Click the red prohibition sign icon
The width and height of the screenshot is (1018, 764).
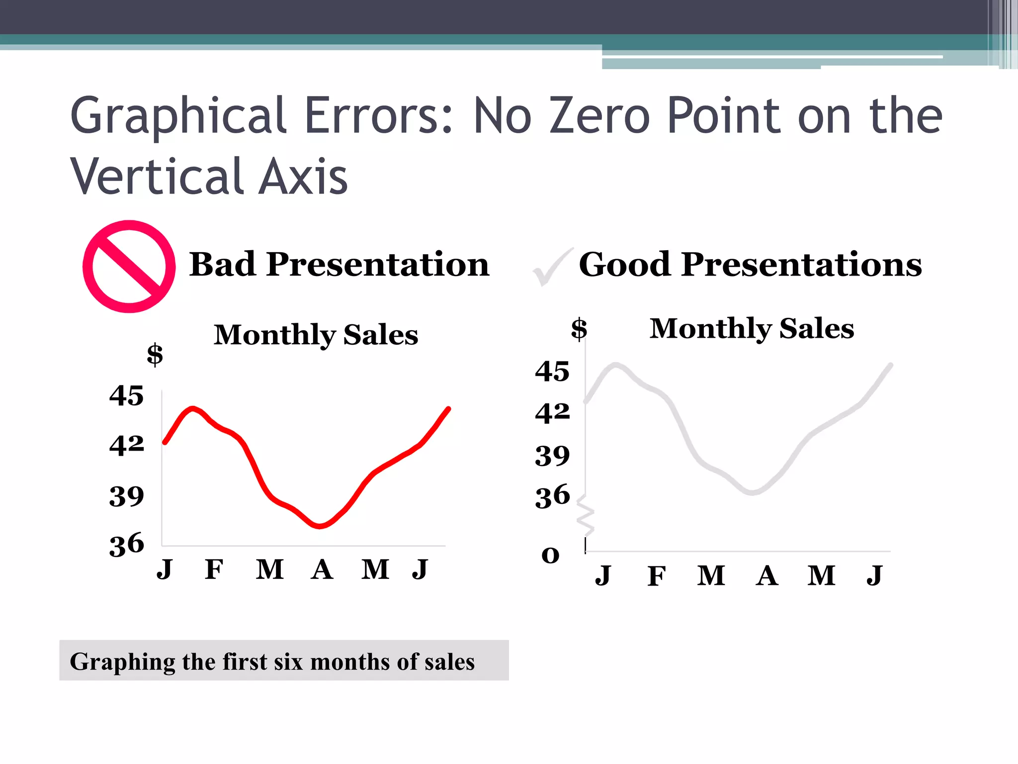(x=129, y=267)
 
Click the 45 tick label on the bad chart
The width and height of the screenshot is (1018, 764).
(x=126, y=396)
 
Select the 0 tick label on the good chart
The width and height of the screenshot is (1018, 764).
(x=550, y=555)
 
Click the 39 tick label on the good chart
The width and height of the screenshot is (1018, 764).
(x=552, y=456)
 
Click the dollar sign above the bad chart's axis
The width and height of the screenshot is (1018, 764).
(x=155, y=355)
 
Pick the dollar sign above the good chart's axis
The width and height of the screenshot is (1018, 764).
(x=579, y=329)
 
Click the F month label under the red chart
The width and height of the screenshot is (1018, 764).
(x=214, y=569)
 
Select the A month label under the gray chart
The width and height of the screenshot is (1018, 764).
(x=766, y=576)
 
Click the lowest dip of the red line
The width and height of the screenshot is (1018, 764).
(x=320, y=526)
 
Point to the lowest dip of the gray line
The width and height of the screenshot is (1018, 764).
(x=753, y=492)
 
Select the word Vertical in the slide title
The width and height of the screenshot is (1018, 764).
(x=157, y=176)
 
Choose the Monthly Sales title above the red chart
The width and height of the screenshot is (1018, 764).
(x=316, y=335)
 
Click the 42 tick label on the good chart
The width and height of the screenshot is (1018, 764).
(x=552, y=413)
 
